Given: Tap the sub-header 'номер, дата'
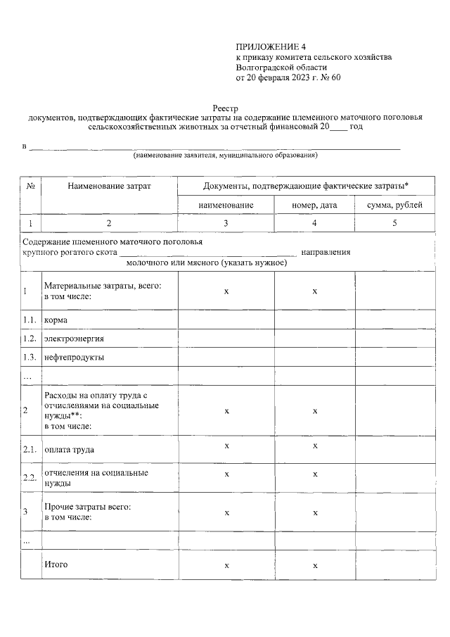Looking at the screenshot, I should [x=314, y=206].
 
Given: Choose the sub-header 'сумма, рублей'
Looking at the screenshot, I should [x=394, y=206].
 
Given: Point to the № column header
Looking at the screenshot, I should [x=31, y=186].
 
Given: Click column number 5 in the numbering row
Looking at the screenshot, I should [x=394, y=223].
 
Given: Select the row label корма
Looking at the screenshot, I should [x=56, y=320].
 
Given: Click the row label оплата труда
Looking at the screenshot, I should [x=69, y=449].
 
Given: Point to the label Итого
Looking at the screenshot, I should [x=56, y=565].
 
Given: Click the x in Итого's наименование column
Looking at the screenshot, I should [x=226, y=565].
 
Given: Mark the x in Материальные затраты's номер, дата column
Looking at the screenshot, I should [x=315, y=291].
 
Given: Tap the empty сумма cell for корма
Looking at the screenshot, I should [x=394, y=320].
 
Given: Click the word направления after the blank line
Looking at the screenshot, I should [x=326, y=252].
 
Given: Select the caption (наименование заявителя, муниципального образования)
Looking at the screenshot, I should [x=226, y=155].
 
